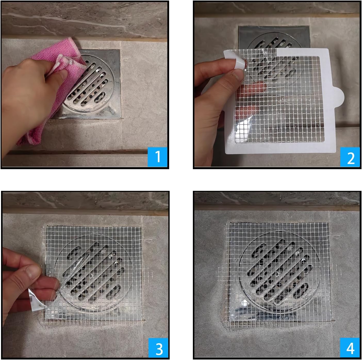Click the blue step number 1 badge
158,157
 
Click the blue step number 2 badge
350,157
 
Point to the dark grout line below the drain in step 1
77,152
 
